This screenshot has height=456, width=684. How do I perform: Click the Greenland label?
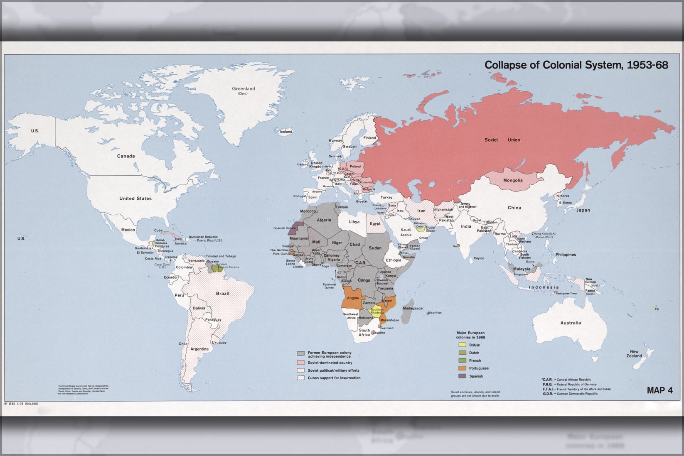tap(243, 89)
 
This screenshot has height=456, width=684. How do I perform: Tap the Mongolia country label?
tap(513, 180)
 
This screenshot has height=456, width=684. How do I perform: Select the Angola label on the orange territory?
tap(352, 298)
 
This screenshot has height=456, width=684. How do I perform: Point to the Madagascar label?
tap(413, 309)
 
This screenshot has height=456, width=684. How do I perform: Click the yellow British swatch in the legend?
tap(462, 345)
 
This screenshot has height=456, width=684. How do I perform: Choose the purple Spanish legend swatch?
tap(462, 376)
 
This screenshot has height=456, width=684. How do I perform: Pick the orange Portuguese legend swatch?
tap(462, 368)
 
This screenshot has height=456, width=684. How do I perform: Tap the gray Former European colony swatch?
tap(301, 353)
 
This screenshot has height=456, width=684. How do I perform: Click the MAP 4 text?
tap(659, 390)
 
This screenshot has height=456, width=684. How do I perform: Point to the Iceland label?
tap(286, 132)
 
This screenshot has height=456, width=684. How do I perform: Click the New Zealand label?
tap(634, 354)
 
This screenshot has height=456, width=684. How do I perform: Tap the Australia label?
tap(571, 323)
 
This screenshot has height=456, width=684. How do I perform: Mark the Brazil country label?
tap(222, 294)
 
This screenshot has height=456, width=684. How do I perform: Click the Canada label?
tap(125, 156)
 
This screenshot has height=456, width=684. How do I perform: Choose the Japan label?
tap(583, 210)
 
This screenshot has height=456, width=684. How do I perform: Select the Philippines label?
tap(566, 255)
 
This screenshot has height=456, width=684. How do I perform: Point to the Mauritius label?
tap(435, 313)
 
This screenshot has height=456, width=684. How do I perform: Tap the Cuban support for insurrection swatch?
tap(301, 378)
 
